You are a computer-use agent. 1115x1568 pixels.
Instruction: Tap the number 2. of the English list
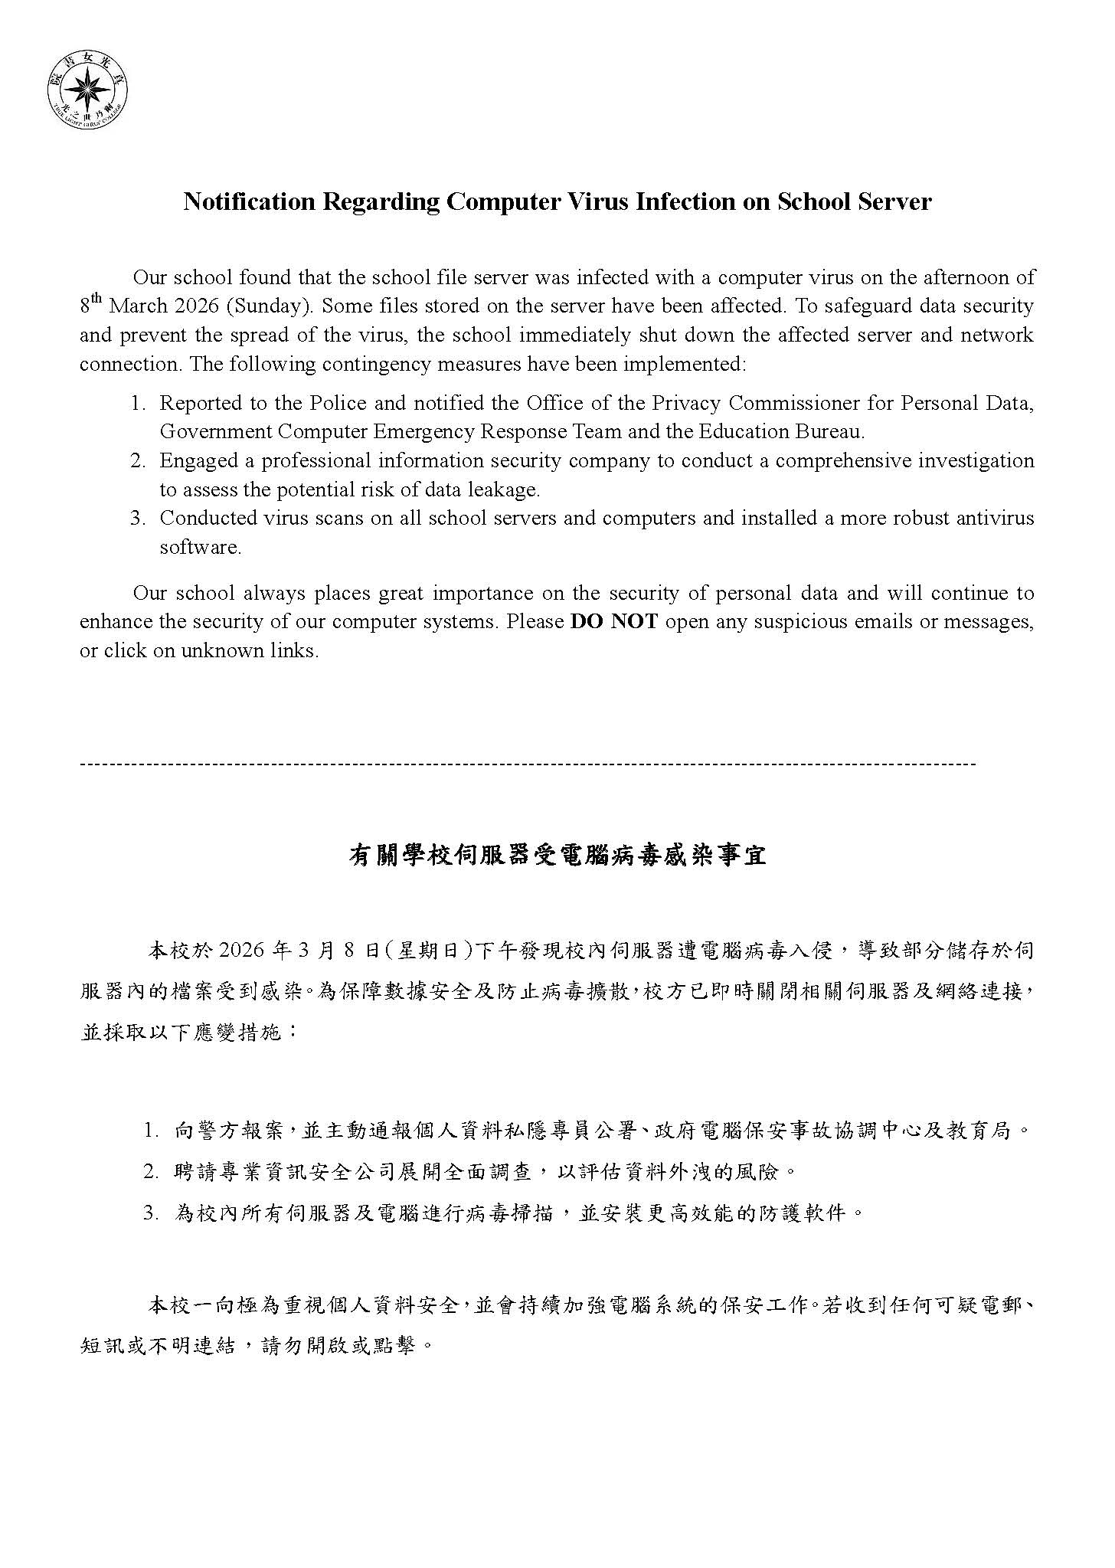pos(138,460)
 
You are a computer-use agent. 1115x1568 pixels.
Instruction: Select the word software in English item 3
pos(200,547)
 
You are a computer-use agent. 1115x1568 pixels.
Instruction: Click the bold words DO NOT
pos(613,621)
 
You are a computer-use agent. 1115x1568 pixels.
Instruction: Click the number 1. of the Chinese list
pos(151,1131)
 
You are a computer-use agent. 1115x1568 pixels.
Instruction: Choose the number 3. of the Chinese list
pos(151,1213)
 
